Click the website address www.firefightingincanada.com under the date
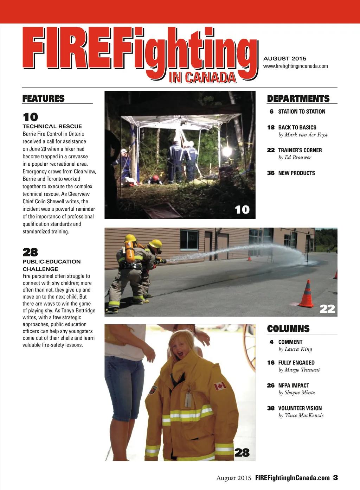click(295, 66)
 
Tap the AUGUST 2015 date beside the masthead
click(285, 58)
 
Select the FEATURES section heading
click(44, 98)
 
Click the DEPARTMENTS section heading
click(298, 98)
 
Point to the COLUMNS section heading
click(288, 329)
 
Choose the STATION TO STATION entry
click(302, 112)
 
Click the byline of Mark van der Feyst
click(303, 135)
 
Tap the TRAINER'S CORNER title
click(300, 150)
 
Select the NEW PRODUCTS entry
click(296, 173)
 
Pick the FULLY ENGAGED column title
click(296, 363)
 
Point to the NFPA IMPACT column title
click(294, 386)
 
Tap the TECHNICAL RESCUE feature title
click(52, 126)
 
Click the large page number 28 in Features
click(30, 252)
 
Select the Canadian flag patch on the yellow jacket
click(220, 386)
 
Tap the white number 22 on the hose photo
click(327, 308)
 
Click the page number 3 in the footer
click(336, 478)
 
